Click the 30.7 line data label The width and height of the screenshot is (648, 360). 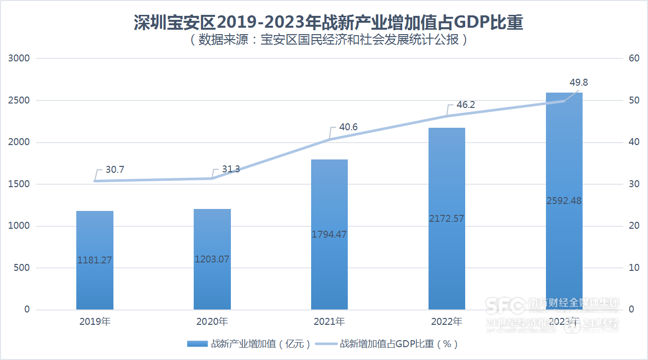[114, 170]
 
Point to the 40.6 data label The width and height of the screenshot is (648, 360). [348, 127]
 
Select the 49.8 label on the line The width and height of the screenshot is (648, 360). [579, 83]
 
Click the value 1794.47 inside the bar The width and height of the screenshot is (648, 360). [329, 234]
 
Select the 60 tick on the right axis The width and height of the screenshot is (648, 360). [634, 58]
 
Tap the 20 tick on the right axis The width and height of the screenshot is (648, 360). [634, 226]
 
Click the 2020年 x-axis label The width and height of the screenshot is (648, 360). [212, 322]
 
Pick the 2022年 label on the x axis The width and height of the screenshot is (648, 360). [447, 322]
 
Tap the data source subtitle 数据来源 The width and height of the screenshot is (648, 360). [328, 40]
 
